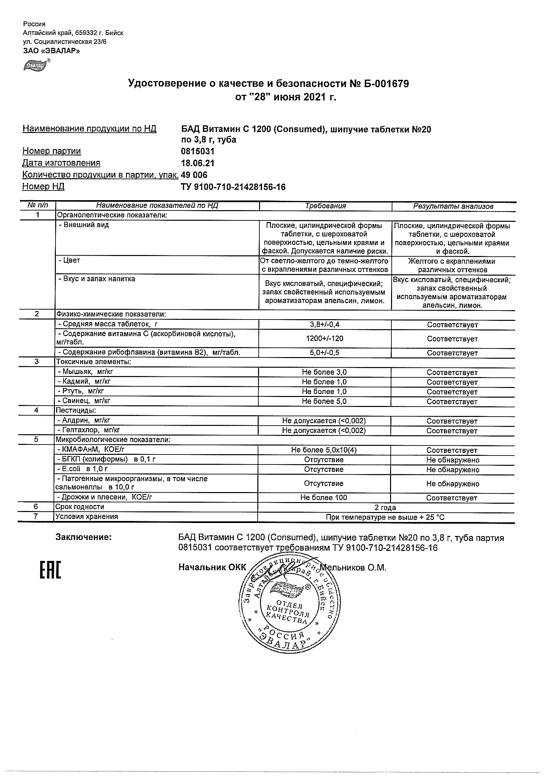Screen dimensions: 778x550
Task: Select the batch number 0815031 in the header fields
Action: coord(198,151)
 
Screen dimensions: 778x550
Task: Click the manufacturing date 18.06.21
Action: coord(198,163)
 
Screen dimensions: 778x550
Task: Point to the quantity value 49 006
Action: coord(194,175)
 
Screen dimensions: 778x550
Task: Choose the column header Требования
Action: coord(325,206)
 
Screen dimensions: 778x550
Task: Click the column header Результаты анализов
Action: coord(453,206)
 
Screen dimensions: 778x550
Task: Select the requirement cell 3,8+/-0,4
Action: coord(325,324)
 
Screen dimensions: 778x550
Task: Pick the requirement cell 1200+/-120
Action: coord(325,338)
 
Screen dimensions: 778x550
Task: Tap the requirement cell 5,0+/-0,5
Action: coord(325,352)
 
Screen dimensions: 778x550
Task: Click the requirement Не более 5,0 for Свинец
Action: coord(324,401)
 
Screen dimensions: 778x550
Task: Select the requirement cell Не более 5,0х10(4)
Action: coord(324,450)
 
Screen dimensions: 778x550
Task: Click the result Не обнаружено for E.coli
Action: coord(453,470)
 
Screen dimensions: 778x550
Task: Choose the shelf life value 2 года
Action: coord(385,507)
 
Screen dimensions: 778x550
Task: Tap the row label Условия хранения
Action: coord(87,517)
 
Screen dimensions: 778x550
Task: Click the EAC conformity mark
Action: coord(50,570)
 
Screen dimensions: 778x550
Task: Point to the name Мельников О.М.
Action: coord(353,567)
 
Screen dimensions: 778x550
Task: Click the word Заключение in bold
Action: coord(84,537)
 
